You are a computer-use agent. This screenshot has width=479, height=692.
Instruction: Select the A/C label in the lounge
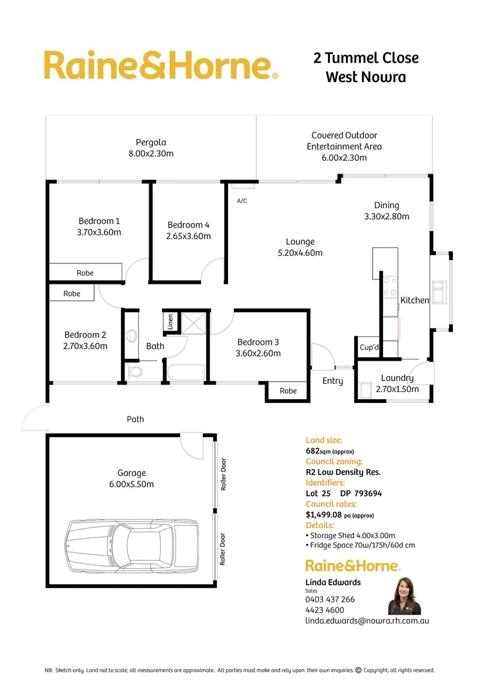(242, 201)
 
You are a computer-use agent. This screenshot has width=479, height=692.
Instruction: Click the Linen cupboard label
(170, 322)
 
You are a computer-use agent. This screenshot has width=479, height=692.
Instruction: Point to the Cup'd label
(369, 347)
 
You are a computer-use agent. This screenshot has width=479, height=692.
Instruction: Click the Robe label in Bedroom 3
(288, 390)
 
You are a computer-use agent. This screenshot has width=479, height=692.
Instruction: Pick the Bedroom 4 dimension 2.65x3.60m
(188, 236)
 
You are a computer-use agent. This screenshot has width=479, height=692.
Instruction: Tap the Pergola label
(151, 142)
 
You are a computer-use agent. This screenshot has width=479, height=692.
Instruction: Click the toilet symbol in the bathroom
(134, 372)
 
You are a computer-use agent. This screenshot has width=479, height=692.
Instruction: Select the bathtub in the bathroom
(185, 372)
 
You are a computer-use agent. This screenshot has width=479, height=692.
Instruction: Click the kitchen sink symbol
(440, 292)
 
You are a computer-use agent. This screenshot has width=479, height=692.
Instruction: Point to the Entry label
(333, 381)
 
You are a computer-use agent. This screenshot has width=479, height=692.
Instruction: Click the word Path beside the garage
(135, 419)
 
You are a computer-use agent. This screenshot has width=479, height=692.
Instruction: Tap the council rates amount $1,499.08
(325, 515)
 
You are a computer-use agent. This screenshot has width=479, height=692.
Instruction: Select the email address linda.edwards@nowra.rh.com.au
(367, 620)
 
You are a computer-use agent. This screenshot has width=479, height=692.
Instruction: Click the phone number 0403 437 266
(330, 599)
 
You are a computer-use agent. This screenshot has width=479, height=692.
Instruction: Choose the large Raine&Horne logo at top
(161, 65)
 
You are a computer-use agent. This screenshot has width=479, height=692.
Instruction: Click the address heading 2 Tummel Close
(366, 58)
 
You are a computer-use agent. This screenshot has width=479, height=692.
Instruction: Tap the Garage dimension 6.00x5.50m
(131, 484)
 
